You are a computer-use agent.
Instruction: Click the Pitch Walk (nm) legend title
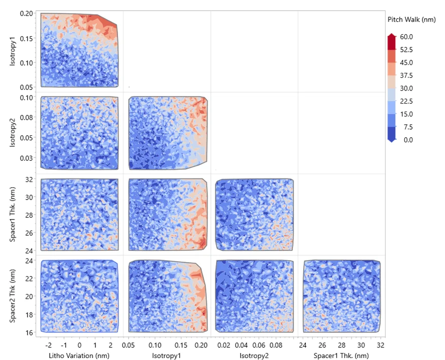click(x=411, y=20)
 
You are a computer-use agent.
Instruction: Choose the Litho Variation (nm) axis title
click(x=79, y=355)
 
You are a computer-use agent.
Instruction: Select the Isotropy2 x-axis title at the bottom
click(x=254, y=355)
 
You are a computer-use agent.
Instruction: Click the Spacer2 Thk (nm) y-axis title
click(x=13, y=296)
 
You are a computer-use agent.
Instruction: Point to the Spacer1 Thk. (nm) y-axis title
click(x=13, y=215)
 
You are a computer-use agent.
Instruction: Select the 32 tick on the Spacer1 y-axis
click(x=30, y=179)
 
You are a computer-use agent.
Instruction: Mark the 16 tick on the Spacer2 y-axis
click(x=30, y=332)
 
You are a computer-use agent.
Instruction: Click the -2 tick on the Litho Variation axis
click(x=48, y=345)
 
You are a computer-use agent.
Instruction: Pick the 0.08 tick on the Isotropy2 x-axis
click(x=276, y=345)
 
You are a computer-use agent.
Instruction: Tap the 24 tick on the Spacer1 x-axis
click(x=303, y=345)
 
